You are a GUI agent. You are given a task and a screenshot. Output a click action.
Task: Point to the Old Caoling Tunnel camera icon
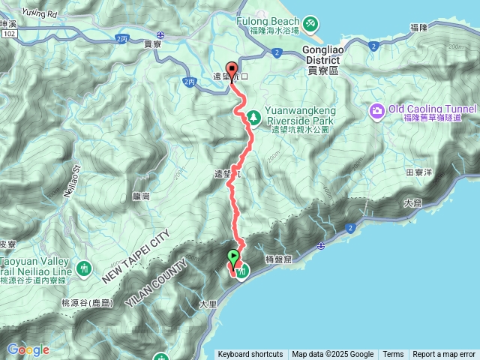[376, 112]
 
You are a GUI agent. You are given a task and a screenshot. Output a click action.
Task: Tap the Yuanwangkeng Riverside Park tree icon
[254, 116]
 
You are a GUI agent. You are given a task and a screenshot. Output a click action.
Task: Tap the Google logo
[28, 349]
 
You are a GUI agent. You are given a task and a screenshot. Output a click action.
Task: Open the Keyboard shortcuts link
[250, 355]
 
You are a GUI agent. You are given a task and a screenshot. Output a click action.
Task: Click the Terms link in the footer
[393, 355]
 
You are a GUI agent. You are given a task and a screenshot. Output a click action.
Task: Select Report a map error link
[444, 355]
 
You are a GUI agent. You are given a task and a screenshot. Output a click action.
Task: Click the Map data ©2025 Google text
[333, 355]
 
